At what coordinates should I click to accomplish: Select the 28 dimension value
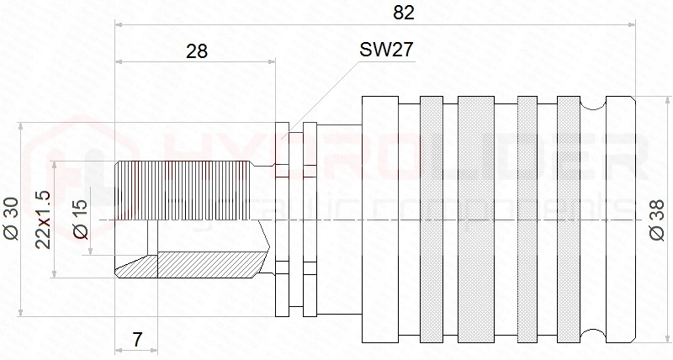[197, 50]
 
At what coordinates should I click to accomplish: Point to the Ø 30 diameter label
[11, 220]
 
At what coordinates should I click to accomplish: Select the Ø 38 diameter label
[659, 221]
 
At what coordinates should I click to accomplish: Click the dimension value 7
[137, 340]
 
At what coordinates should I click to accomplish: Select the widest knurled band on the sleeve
[476, 220]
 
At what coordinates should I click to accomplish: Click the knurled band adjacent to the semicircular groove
[569, 220]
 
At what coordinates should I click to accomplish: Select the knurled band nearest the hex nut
[431, 220]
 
